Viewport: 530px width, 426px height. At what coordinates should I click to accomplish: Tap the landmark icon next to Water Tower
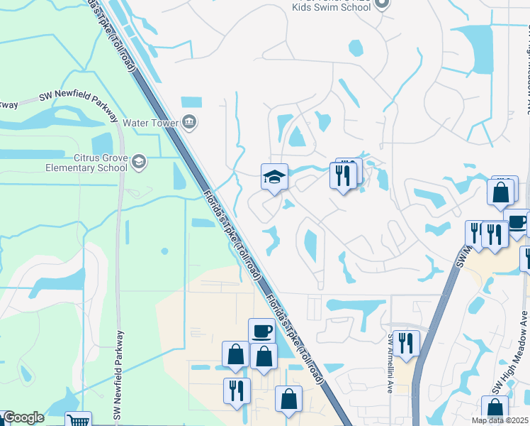(189, 122)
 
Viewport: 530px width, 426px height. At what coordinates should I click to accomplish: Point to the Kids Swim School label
(332, 6)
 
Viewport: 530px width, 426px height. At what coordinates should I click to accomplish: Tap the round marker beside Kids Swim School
(382, 4)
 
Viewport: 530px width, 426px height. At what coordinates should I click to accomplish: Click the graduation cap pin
(274, 177)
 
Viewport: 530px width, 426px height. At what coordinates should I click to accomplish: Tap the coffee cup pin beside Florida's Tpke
(261, 331)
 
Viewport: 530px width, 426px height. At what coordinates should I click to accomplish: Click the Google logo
(23, 418)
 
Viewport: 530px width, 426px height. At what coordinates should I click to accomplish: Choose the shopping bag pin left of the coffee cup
(235, 354)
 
